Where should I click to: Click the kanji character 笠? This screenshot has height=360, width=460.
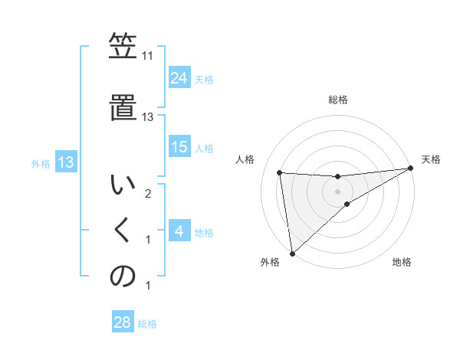122,47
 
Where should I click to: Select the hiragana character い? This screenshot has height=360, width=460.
122,185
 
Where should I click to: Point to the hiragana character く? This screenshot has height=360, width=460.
122,231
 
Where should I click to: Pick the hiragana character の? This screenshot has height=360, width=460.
122,277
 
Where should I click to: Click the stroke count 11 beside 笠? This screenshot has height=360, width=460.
148,56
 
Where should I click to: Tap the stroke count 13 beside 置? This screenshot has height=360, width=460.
148,117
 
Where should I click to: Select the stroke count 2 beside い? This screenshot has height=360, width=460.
148,194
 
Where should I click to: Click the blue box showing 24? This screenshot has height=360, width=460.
179,77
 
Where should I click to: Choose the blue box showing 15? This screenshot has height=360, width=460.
179,147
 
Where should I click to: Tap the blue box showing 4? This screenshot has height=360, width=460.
179,231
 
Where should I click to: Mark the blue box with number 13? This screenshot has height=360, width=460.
65,162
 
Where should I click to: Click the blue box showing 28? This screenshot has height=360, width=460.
123,322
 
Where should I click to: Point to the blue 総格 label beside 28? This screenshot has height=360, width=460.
147,324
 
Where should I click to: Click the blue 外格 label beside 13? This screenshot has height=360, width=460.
40,163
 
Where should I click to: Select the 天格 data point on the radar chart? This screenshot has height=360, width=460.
411,169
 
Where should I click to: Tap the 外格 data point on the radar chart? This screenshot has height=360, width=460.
292,254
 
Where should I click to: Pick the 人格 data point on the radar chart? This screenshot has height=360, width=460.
280,172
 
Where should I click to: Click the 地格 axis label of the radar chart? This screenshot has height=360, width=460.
402,262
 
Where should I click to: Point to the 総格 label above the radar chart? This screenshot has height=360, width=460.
338,100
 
